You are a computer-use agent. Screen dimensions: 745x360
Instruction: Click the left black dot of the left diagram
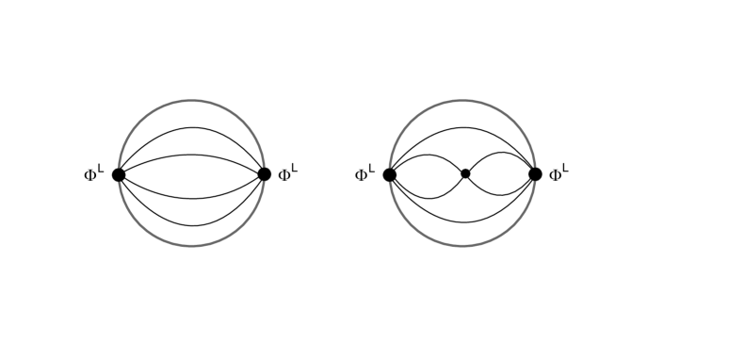119,174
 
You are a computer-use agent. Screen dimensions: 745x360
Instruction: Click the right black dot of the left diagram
264,174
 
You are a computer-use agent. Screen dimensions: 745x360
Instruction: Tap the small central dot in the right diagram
465,173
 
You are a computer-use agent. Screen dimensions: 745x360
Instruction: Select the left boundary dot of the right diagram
390,174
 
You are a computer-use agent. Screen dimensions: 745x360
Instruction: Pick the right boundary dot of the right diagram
535,174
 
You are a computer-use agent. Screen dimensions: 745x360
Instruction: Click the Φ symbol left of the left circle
89,175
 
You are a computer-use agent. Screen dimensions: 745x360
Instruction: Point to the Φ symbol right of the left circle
284,175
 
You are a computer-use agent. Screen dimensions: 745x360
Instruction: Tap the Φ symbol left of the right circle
361,175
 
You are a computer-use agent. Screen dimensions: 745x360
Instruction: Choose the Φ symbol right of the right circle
556,175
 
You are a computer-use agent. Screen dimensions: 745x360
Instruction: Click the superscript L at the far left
101,169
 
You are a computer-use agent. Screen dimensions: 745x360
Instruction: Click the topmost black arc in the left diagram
191,127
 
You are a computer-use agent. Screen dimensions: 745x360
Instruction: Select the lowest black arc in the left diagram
191,226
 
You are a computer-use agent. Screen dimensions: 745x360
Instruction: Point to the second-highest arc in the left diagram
191,155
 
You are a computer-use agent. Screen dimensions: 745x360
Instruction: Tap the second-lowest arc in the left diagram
191,198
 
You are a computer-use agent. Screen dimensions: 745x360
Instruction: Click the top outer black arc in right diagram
462,127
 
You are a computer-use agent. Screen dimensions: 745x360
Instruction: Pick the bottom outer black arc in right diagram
462,222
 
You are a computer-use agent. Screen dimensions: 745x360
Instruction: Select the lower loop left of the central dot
429,198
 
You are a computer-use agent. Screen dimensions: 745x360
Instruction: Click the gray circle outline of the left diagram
191,101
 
